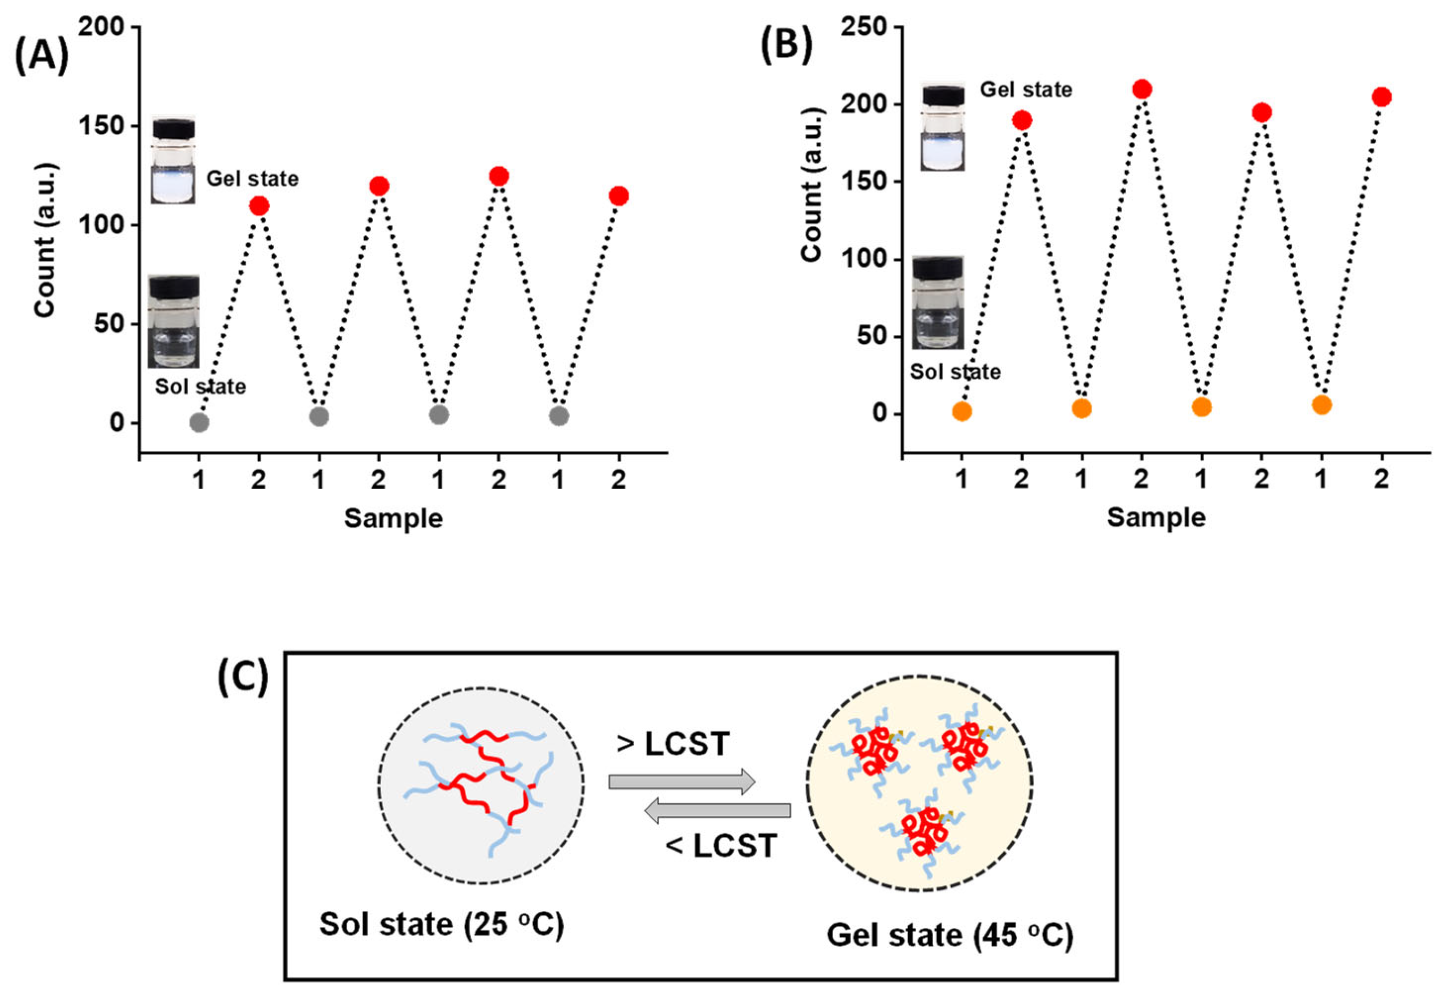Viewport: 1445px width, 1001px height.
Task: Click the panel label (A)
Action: coord(42,56)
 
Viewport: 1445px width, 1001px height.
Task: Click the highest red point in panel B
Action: coord(1142,89)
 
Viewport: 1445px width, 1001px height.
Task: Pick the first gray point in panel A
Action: coord(199,423)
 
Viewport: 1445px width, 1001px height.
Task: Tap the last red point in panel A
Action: coord(618,196)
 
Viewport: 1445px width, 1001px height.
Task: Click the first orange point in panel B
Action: coord(962,411)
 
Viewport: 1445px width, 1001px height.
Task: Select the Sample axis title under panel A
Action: coord(393,519)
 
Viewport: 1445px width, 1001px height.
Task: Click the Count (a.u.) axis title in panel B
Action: coord(812,185)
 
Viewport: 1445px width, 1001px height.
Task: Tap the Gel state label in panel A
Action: coord(252,179)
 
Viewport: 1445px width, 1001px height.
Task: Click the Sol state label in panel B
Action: coord(955,372)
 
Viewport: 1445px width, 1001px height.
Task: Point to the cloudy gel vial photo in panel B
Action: coord(942,127)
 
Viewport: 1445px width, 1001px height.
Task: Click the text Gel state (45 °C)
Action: coord(950,935)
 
